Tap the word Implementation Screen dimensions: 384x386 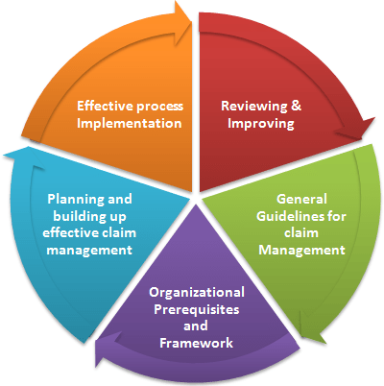(x=130, y=123)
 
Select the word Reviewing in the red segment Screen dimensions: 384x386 (x=254, y=106)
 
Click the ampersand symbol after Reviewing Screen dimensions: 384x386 (x=297, y=106)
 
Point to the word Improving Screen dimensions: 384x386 (x=261, y=124)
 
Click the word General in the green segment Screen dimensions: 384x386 (x=301, y=199)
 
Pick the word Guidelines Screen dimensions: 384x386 (x=286, y=216)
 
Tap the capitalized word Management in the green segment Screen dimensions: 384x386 (x=301, y=250)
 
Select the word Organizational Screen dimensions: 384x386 (x=197, y=293)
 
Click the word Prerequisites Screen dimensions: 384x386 (x=197, y=309)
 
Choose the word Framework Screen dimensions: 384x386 (x=196, y=343)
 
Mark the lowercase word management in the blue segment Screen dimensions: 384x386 (x=89, y=250)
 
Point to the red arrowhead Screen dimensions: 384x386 (x=357, y=128)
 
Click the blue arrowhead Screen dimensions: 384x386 (x=22, y=157)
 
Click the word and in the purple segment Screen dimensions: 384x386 (x=196, y=326)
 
